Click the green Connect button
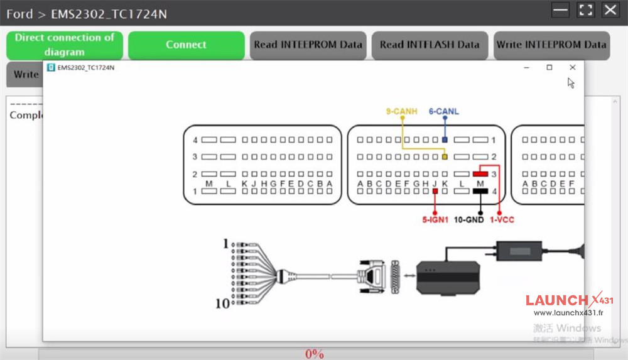coord(186,45)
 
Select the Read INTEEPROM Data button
coord(308,45)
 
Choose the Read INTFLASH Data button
coord(430,45)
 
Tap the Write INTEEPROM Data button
coord(551,45)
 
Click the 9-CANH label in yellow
coord(401,112)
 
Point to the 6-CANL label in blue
coord(444,112)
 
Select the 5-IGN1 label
coord(435,220)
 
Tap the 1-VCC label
coord(502,220)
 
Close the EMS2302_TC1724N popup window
coord(572,67)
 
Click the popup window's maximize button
coord(549,67)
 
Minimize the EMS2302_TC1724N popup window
coord(527,67)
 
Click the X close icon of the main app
coord(610,9)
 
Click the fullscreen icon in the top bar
coord(586,9)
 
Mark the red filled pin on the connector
coord(480,173)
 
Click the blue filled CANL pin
coord(445,139)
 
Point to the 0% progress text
coord(314,354)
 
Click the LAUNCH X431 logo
coord(569,301)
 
